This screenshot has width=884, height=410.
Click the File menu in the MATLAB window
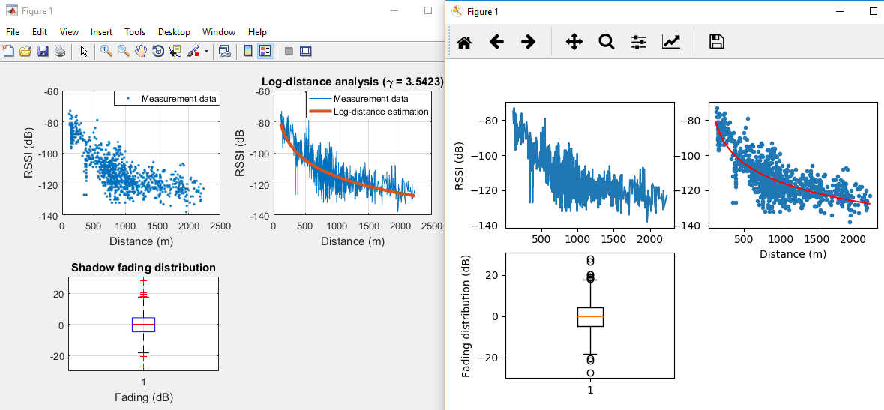click(x=13, y=32)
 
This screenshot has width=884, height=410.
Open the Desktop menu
click(x=174, y=32)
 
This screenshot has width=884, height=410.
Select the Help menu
click(x=257, y=32)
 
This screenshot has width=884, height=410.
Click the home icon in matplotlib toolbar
click(x=463, y=42)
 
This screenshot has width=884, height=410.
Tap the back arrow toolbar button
click(x=496, y=42)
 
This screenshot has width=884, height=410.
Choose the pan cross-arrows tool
click(x=574, y=42)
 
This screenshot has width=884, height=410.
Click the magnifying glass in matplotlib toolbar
click(x=606, y=42)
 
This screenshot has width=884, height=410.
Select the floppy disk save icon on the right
click(x=717, y=42)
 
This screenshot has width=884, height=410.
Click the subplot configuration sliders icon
click(x=638, y=42)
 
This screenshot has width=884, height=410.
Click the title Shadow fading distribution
click(x=143, y=268)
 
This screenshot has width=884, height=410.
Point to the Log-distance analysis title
click(x=352, y=82)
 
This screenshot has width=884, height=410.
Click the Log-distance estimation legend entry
click(x=381, y=112)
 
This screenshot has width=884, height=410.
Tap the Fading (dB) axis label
click(x=143, y=397)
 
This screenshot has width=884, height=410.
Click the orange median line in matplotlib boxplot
click(x=590, y=317)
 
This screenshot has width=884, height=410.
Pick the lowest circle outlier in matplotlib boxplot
click(x=590, y=373)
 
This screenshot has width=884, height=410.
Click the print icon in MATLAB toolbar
click(x=60, y=52)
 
